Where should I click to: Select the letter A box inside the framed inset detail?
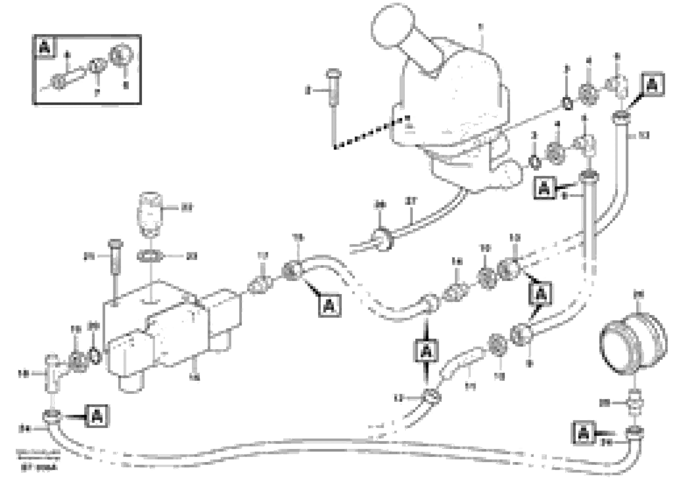[45, 47]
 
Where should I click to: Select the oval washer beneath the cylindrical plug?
[150, 256]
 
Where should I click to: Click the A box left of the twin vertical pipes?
[544, 188]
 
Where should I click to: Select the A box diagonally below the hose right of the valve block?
[329, 305]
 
